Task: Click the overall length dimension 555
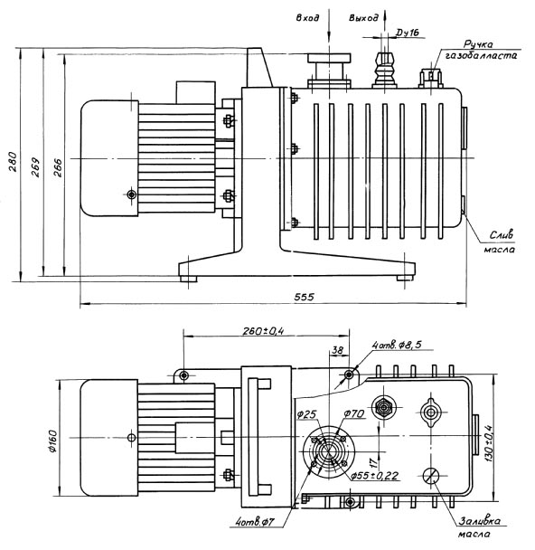click(x=305, y=297)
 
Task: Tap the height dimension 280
click(x=13, y=161)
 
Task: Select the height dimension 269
click(x=35, y=167)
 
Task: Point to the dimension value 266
click(x=58, y=167)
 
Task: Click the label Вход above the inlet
click(x=307, y=18)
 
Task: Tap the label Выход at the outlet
click(x=363, y=18)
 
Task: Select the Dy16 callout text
click(x=408, y=33)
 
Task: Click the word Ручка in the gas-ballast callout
click(x=478, y=44)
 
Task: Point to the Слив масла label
click(x=500, y=242)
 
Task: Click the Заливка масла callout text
click(x=478, y=527)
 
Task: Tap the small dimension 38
click(x=337, y=350)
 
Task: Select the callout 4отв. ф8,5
click(x=397, y=345)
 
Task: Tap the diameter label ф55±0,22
click(x=375, y=476)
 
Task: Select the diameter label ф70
click(x=354, y=414)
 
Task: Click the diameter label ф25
click(x=306, y=414)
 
